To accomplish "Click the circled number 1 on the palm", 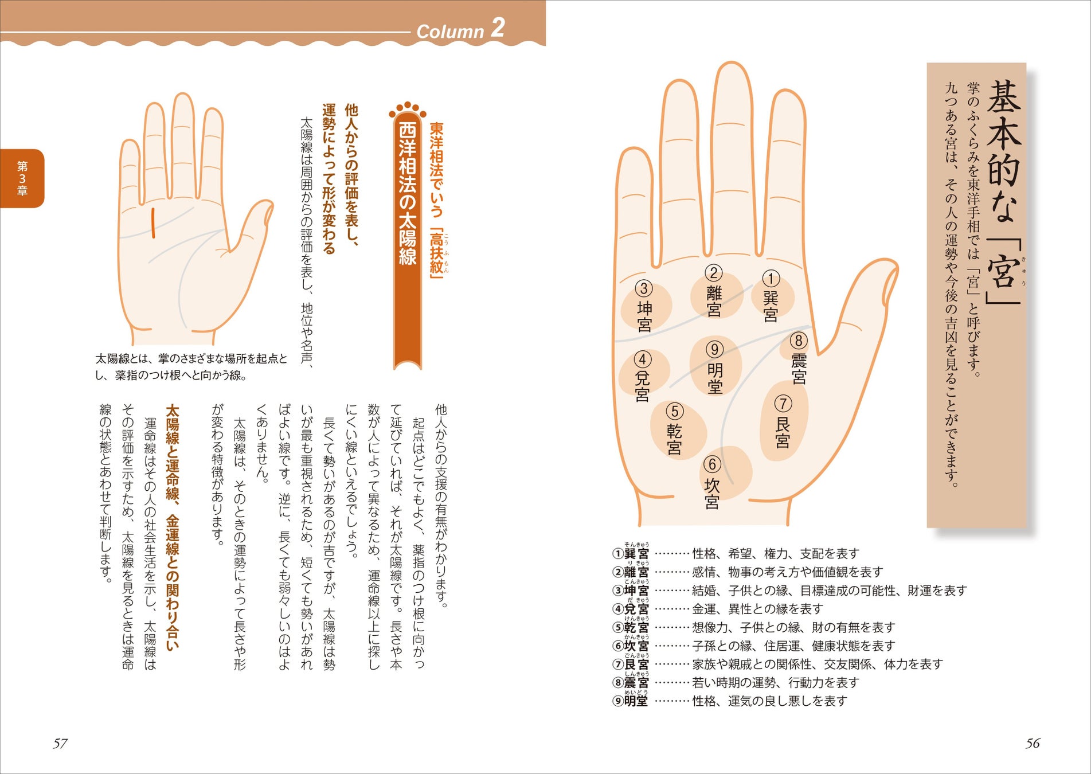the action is point(771,279).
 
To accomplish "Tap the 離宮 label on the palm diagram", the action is point(714,301).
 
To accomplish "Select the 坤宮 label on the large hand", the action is point(644,316).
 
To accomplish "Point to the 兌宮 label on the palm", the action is point(642,386).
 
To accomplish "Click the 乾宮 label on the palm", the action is point(674,439).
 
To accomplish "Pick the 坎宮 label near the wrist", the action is point(711,493).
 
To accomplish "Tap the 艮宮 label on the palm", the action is point(783,432).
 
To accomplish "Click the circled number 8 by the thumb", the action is point(799,341).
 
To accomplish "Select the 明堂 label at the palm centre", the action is point(714,378).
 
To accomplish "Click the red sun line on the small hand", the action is point(153,224).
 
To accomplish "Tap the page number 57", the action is point(60,744).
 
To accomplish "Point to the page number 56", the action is point(1032,744).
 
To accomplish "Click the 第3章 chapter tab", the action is point(22,178).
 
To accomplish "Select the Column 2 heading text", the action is point(460,29).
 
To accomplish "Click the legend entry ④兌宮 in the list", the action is point(631,609).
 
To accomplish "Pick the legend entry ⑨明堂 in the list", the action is point(631,701).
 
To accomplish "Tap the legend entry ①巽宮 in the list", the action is point(631,553).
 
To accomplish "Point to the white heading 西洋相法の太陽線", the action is point(408,194).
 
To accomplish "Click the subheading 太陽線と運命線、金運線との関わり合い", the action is point(172,528).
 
